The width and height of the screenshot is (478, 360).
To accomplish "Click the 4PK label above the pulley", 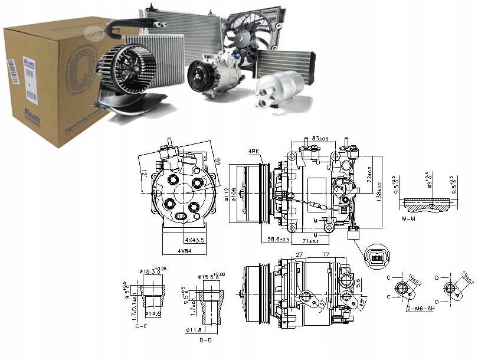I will pyautogui.click(x=254, y=152).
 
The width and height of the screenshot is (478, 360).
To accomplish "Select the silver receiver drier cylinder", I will pyautogui.click(x=276, y=91).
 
